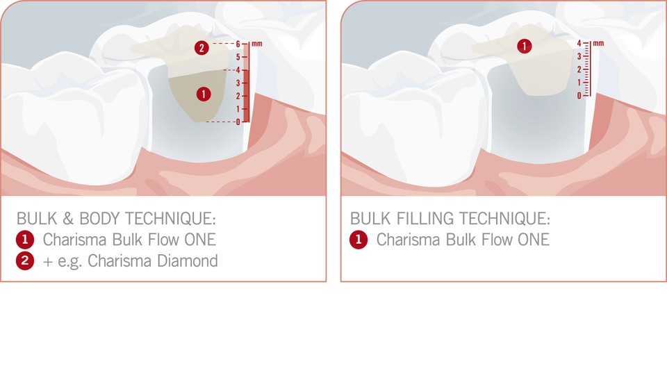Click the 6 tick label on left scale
tap(238, 43)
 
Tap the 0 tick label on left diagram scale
tap(238, 122)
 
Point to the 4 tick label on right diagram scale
tap(578, 43)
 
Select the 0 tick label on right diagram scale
tap(578, 95)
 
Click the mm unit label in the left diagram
tap(257, 43)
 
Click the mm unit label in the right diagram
tap(598, 43)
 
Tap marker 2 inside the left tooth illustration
tap(201, 48)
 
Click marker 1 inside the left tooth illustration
tap(204, 94)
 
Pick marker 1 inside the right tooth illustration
tap(525, 47)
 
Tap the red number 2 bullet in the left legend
tap(25, 261)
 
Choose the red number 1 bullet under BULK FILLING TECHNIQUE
tap(359, 240)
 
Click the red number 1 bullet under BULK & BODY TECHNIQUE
tap(25, 240)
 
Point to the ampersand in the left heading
tap(68, 219)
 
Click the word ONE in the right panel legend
tap(533, 240)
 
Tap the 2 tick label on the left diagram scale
tap(238, 96)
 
